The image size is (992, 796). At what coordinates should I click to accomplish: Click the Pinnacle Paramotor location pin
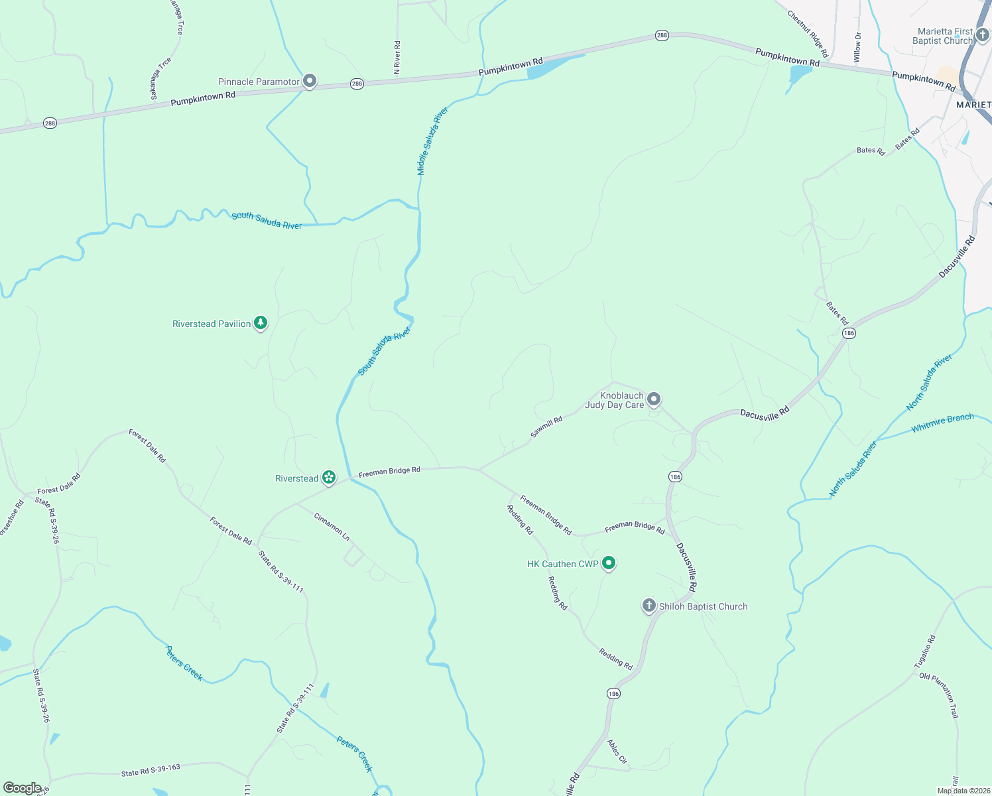[x=309, y=81]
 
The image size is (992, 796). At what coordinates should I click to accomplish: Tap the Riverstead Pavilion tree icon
[x=261, y=323]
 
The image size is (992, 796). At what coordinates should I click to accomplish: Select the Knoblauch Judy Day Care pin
[x=654, y=399]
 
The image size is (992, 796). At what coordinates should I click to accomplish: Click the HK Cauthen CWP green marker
[x=609, y=563]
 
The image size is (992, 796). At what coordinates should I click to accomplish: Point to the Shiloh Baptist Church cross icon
[x=649, y=605]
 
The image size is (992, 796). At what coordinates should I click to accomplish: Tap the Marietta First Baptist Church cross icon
[x=982, y=34]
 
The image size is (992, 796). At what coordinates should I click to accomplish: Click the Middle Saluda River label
[x=432, y=141]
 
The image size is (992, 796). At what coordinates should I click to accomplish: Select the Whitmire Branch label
[x=942, y=423]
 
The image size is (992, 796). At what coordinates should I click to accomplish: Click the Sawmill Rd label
[x=546, y=427]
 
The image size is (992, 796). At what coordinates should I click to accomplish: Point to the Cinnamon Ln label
[x=332, y=527]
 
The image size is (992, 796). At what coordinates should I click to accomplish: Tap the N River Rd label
[x=397, y=57]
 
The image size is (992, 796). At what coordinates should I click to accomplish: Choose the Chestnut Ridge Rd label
[x=808, y=33]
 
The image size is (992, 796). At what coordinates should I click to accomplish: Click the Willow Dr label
[x=857, y=47]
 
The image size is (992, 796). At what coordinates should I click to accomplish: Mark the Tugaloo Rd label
[x=924, y=652]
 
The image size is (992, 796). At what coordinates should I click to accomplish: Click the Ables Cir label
[x=617, y=752]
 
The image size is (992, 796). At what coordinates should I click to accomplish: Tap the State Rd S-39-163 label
[x=151, y=770]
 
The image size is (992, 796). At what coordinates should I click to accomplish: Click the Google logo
[x=22, y=788]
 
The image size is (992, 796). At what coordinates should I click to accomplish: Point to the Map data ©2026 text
[x=962, y=791]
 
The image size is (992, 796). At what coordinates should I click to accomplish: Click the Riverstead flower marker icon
[x=328, y=478]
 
